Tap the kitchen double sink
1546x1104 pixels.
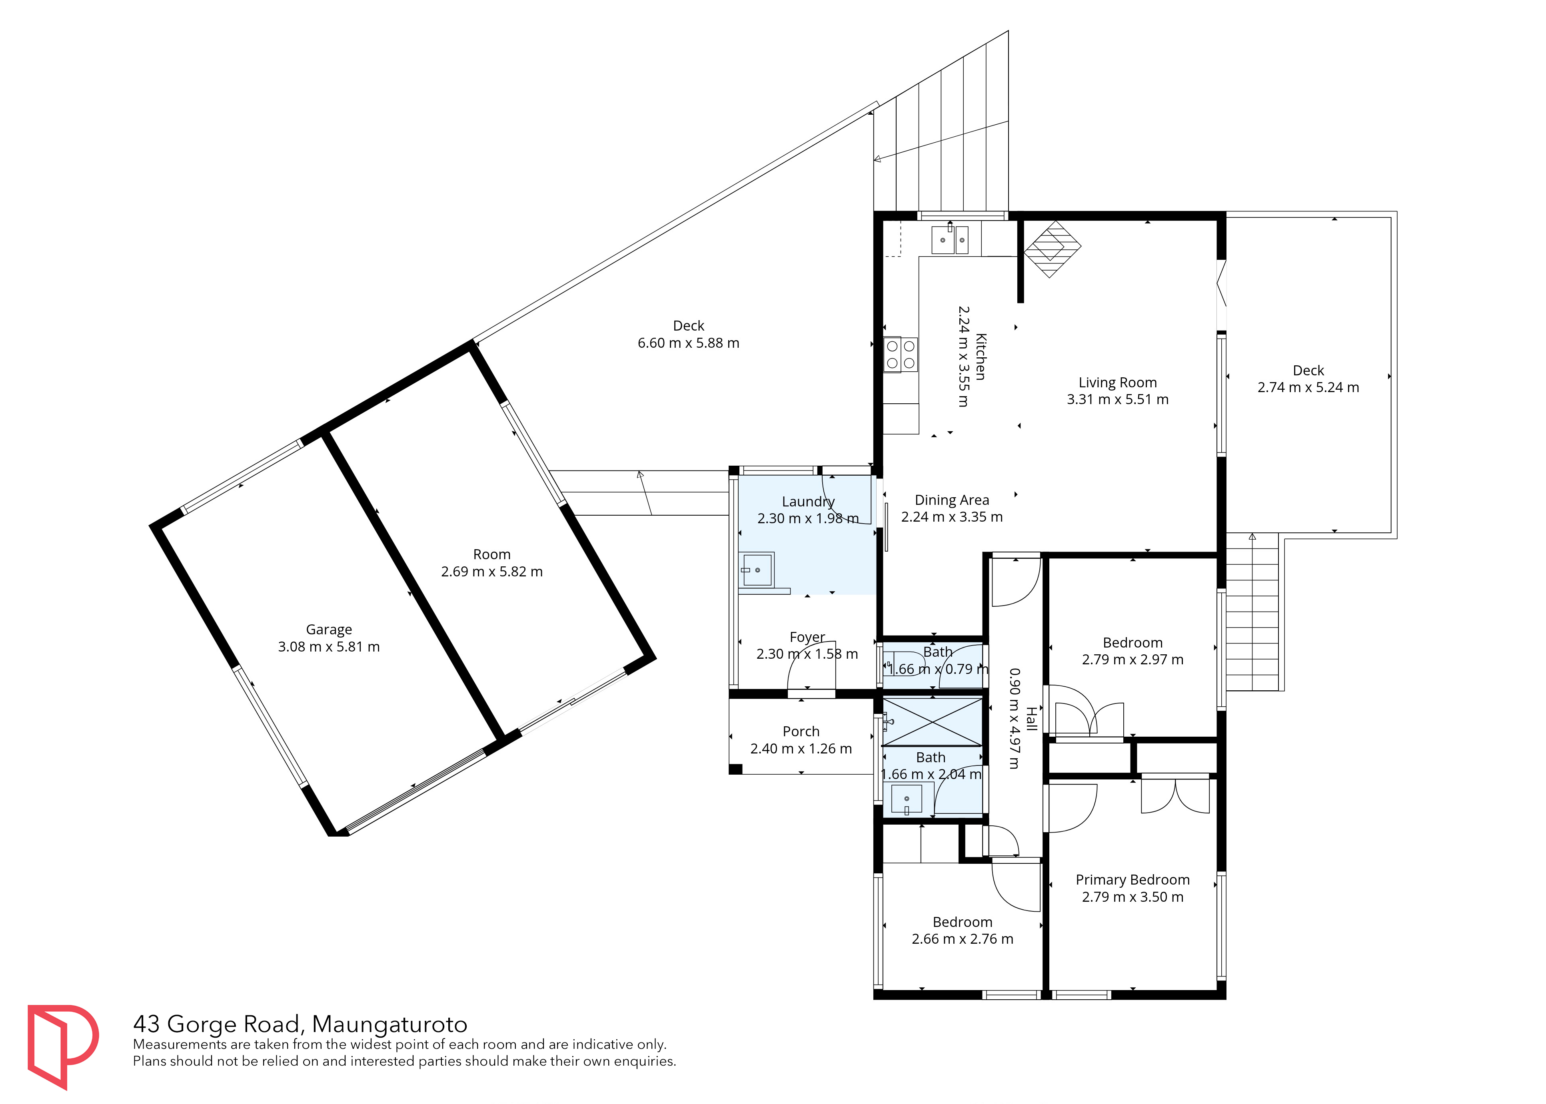(949, 239)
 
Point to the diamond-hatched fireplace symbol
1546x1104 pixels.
(1052, 249)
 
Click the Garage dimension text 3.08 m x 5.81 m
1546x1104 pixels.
(329, 646)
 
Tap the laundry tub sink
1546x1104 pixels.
(756, 570)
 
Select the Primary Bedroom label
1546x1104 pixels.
(1133, 880)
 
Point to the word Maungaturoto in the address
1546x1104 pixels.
(390, 1024)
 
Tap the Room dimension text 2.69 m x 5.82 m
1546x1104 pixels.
(492, 572)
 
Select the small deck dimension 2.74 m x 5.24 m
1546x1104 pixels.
(1308, 387)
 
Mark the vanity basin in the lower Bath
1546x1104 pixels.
(907, 799)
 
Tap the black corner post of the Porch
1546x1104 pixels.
(735, 769)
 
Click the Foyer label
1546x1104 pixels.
(807, 637)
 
